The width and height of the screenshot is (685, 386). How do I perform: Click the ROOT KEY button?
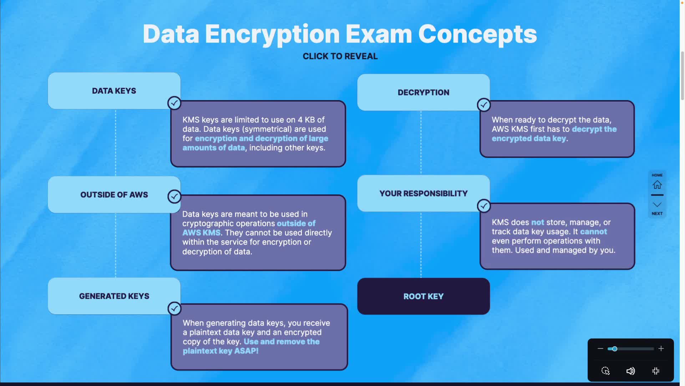coord(423,296)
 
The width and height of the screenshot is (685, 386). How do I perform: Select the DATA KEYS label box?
coord(114,91)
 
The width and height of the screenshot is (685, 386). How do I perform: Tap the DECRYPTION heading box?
coord(423,92)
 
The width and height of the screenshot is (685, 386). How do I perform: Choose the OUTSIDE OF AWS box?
coord(114,194)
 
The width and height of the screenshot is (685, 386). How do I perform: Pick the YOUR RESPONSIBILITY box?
coord(423,193)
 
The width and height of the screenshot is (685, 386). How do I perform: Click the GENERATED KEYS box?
coord(114,296)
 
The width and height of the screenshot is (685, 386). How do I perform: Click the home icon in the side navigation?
coord(657,185)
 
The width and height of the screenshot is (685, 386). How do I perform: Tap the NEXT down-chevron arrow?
coord(657,205)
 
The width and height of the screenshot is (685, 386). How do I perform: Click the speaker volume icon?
coord(630,371)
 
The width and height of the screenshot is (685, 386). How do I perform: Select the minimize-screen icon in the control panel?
coord(656,371)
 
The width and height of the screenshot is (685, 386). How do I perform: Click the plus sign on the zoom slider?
coord(661,348)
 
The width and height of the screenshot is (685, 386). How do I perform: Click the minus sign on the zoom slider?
coord(600,348)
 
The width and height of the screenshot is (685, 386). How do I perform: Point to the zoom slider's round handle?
coord(614,349)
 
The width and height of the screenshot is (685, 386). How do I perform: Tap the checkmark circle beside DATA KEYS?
coord(174,103)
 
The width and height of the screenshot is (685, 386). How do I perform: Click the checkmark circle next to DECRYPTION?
coord(484,105)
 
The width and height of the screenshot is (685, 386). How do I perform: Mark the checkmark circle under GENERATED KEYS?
coord(174,308)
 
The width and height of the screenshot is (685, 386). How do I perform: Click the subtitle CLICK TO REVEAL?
coord(340,56)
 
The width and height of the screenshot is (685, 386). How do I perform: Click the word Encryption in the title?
coord(272,34)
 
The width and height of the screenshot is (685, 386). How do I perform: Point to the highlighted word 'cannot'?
coord(593,232)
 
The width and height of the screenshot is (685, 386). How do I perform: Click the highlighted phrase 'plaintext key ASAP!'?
coord(220,351)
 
